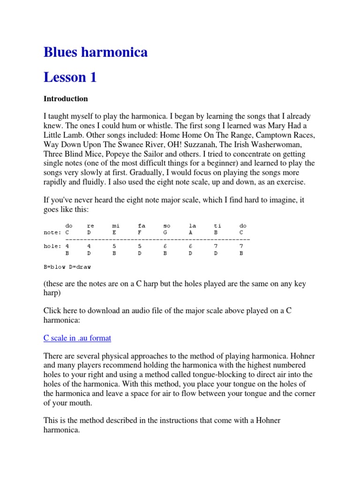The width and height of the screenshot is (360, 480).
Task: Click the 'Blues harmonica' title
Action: point(96,52)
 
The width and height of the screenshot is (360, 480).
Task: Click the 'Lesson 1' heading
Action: point(70,77)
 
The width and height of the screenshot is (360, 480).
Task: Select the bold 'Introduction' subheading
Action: point(66,99)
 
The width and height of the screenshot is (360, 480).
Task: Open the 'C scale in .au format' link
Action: point(77,338)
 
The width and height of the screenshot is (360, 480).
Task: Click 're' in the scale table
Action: point(90,226)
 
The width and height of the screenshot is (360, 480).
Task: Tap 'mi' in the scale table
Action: point(116,226)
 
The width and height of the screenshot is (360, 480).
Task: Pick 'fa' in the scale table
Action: point(141,226)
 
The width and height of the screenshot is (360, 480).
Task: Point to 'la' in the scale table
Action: point(192,226)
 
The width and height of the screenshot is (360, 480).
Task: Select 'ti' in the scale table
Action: point(217,226)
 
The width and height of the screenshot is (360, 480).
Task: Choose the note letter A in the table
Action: point(190,232)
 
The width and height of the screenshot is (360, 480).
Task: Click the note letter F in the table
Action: point(139,232)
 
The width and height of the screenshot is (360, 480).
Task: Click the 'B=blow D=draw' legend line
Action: point(67,266)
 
